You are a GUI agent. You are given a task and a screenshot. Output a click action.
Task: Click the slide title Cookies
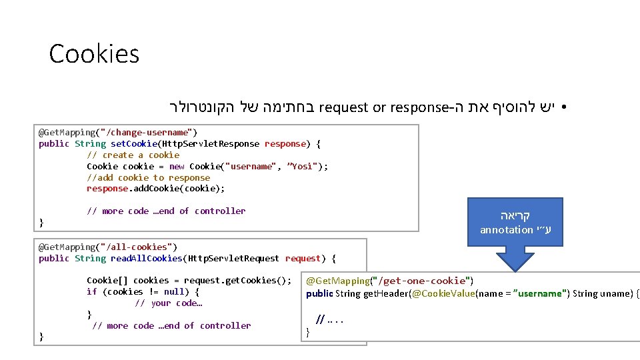pos(94,53)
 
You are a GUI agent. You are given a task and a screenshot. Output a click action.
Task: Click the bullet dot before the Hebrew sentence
pos(563,107)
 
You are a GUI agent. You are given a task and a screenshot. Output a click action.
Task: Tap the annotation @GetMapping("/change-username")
pos(117,132)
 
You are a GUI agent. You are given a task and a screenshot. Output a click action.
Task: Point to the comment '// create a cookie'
pos(133,155)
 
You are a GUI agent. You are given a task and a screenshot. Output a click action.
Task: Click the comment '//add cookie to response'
pos(148,177)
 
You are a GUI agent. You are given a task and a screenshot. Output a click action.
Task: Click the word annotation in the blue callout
pos(507,230)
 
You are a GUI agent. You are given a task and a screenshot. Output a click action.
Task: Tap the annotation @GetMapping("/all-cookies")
pos(108,247)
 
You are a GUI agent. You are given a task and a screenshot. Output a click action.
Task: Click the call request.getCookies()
pos(237,280)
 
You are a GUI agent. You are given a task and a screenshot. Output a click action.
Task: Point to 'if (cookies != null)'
pos(143,291)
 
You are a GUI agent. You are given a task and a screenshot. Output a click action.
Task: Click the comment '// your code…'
pos(169,303)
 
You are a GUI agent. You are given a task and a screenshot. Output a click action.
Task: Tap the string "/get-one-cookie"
pos(421,281)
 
